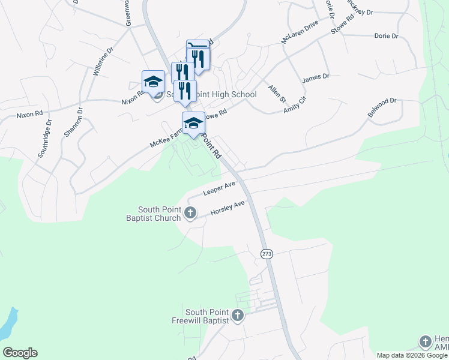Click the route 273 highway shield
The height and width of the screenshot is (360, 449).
coord(267,254)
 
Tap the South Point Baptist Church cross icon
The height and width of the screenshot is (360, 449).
coord(190,212)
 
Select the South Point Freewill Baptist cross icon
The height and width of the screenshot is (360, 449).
coord(238,315)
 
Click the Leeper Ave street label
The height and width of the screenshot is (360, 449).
coord(218,189)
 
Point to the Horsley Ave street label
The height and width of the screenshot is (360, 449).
coord(228,209)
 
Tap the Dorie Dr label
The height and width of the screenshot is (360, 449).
coord(386,36)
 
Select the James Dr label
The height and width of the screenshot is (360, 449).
coord(316,77)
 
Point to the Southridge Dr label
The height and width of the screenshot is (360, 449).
coord(45,139)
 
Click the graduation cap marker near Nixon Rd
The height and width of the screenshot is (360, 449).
coord(153,82)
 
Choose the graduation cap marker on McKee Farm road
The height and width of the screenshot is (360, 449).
coord(193,123)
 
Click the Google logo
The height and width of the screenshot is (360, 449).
coord(20,353)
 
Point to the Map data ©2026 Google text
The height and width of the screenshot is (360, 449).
coord(412,355)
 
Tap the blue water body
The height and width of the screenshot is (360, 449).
coord(7,325)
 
